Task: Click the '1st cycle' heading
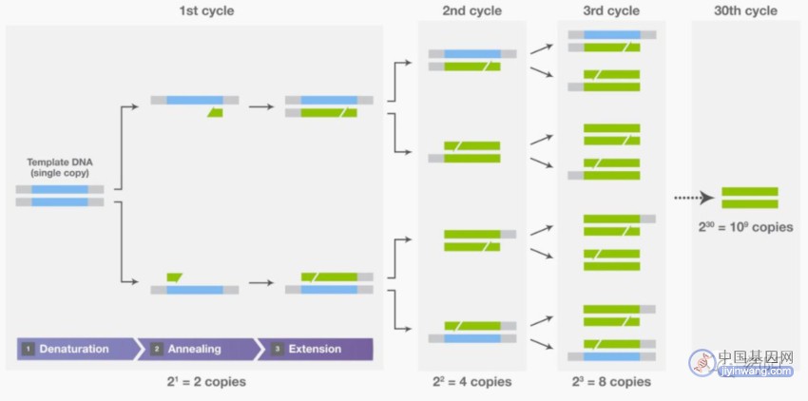pos(206,10)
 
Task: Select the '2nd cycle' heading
pos(472,10)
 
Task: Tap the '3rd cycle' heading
pos(611,10)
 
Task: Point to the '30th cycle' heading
pos(745,10)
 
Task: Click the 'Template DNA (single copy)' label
pos(60,167)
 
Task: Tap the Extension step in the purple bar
pos(316,349)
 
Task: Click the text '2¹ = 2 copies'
pos(205,382)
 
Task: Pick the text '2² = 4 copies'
pos(472,382)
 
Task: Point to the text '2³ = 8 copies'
pos(611,382)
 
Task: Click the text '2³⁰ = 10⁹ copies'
pos(745,227)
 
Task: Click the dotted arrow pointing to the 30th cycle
pos(694,198)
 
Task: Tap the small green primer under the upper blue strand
pos(216,113)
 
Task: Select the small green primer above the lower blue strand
pos(175,277)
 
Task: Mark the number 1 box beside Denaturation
pos(28,349)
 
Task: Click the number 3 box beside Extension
pos(278,349)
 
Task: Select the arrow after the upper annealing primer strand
pos(261,106)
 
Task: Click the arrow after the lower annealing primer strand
pos(261,283)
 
